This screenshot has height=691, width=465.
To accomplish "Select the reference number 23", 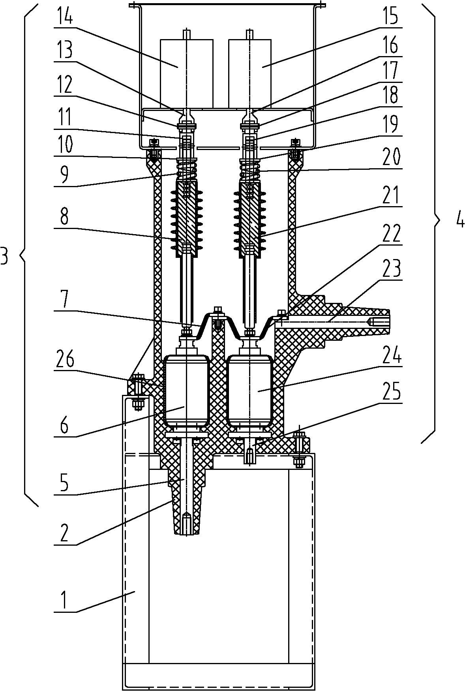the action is (x=391, y=269).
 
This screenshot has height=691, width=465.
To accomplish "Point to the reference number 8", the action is (x=64, y=217).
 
